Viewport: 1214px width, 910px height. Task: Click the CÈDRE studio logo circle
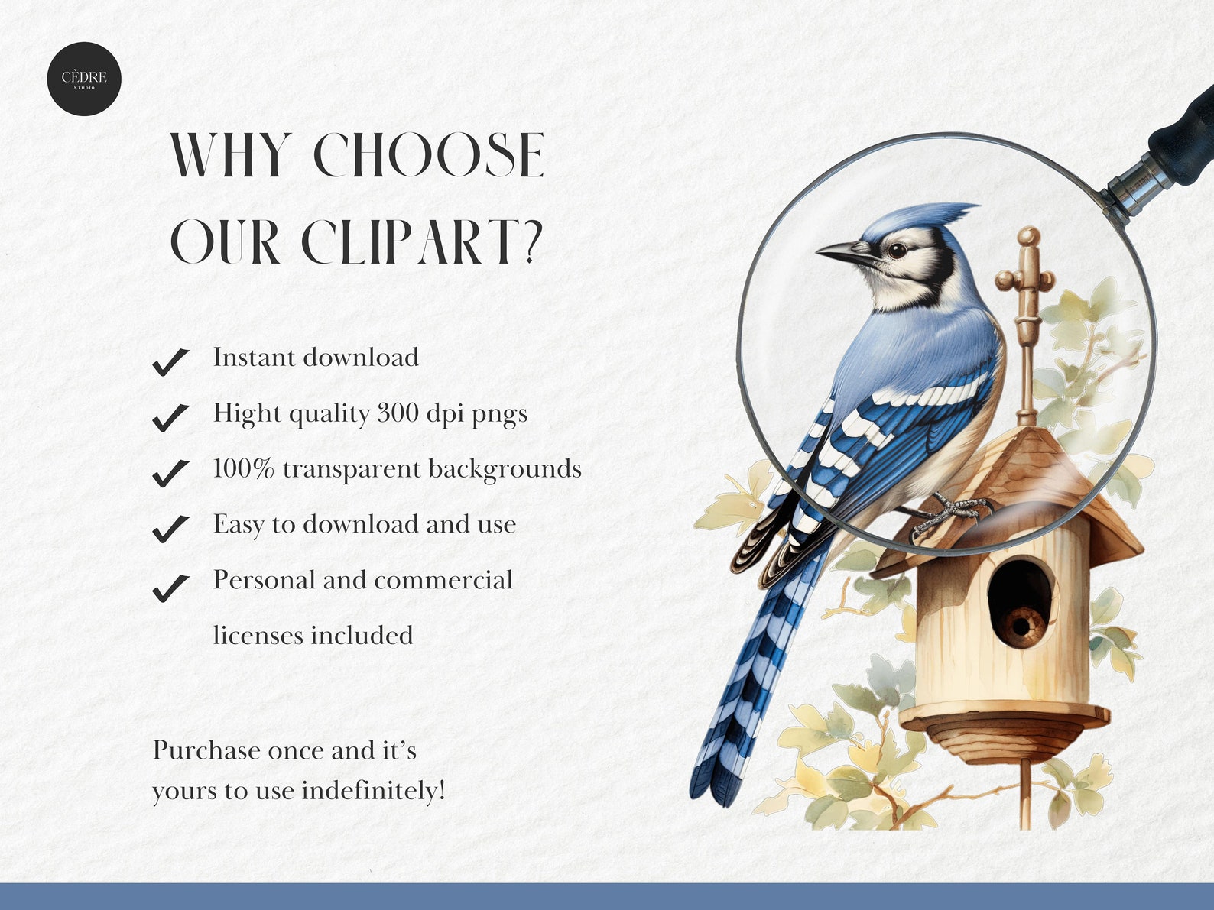[84, 79]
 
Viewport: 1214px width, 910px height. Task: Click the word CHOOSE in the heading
[429, 156]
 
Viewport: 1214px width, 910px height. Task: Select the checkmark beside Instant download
[170, 361]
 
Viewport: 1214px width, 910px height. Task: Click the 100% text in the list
[243, 468]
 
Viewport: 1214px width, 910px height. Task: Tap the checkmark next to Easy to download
[170, 527]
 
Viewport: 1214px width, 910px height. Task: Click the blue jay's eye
[897, 250]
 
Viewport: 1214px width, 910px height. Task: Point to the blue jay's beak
[841, 253]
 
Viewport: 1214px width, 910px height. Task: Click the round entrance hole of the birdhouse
[1020, 600]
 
